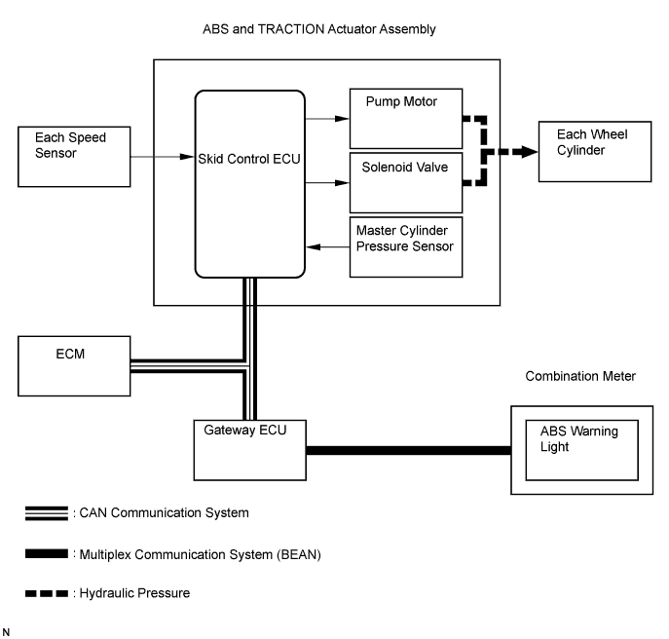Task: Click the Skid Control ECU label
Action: pos(249,159)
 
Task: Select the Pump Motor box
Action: pos(406,119)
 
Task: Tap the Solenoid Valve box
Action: pos(406,183)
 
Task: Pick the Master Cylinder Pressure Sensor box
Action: pos(406,247)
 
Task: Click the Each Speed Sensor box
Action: pos(74,157)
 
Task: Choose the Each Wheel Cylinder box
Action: pos(595,152)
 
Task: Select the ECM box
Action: pos(74,366)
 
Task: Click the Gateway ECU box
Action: pos(250,450)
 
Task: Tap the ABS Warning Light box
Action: pos(582,450)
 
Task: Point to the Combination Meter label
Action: pos(580,376)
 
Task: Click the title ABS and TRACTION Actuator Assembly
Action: pos(319,29)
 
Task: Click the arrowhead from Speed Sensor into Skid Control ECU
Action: pos(187,157)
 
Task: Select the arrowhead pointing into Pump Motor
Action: pos(342,119)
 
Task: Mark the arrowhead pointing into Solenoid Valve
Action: pos(342,183)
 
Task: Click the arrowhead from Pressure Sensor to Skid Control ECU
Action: pos(314,246)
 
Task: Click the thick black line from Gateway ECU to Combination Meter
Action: pos(409,450)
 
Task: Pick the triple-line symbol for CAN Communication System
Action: pos(47,513)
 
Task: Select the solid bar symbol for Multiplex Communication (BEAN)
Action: pos(47,553)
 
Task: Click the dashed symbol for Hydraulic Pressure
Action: pos(47,593)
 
